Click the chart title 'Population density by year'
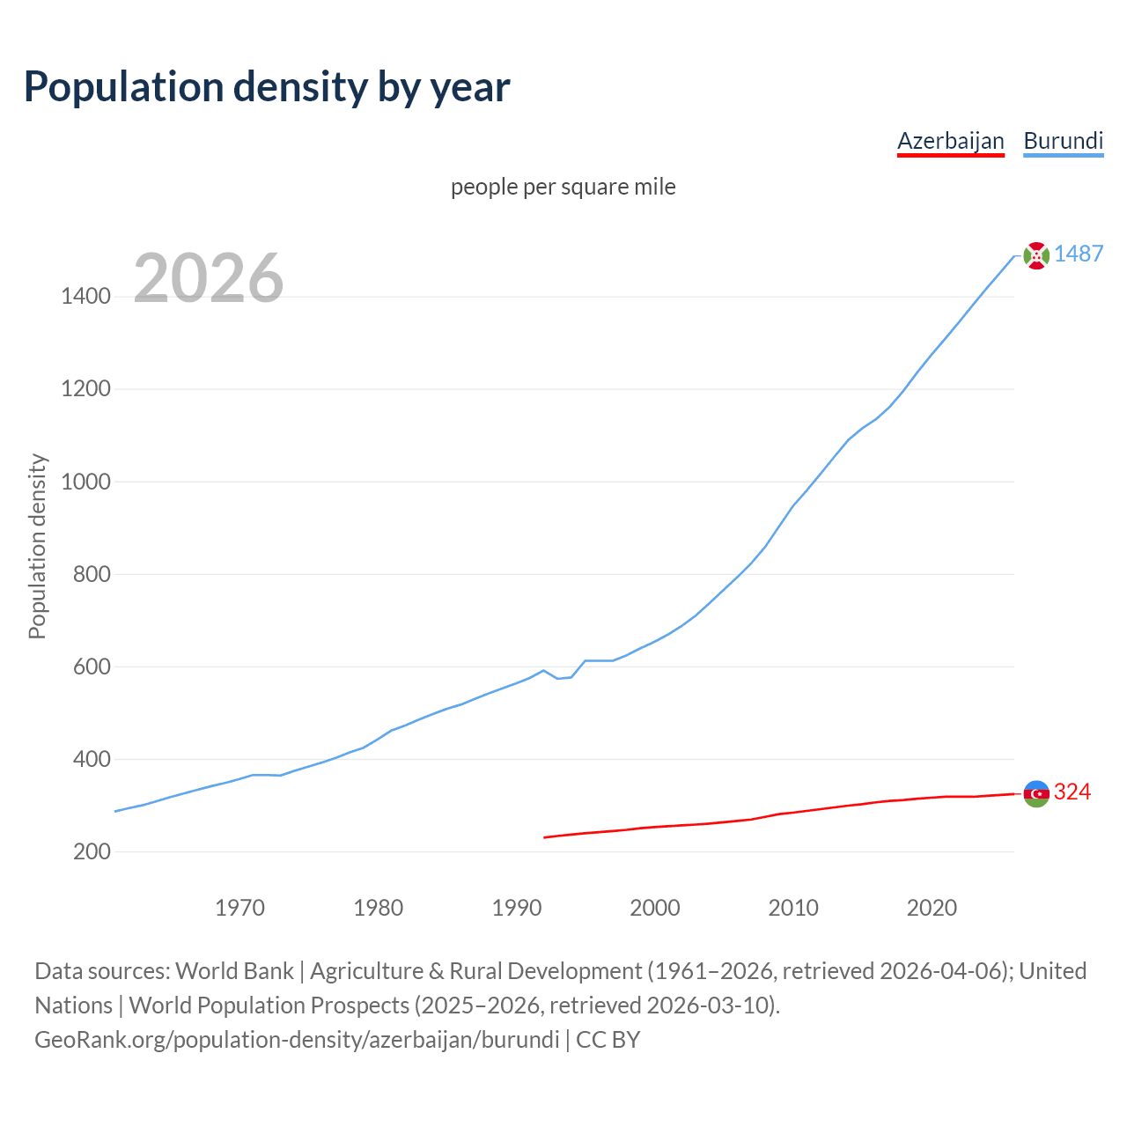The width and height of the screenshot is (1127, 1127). (267, 87)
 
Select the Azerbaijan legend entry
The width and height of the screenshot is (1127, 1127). (950, 141)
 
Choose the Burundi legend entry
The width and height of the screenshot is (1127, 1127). (1063, 141)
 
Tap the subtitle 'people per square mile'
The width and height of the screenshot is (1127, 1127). (563, 187)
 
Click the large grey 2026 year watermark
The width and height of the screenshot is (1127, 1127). (209, 278)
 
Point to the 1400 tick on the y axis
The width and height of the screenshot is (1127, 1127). (85, 297)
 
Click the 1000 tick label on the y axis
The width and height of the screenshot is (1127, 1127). (85, 482)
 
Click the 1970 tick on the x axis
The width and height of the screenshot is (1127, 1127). (239, 908)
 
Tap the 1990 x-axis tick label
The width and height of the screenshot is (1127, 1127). (517, 908)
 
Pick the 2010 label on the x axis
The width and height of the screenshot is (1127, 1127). (793, 908)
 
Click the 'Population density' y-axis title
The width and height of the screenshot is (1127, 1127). (37, 546)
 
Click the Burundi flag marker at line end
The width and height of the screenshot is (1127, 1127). (1036, 255)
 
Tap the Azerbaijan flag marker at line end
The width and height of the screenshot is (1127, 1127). (1036, 793)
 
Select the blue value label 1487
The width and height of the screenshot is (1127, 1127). (1078, 254)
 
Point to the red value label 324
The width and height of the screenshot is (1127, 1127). (1072, 792)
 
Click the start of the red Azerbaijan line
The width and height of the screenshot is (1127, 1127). (545, 837)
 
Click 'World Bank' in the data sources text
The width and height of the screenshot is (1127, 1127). (234, 971)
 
